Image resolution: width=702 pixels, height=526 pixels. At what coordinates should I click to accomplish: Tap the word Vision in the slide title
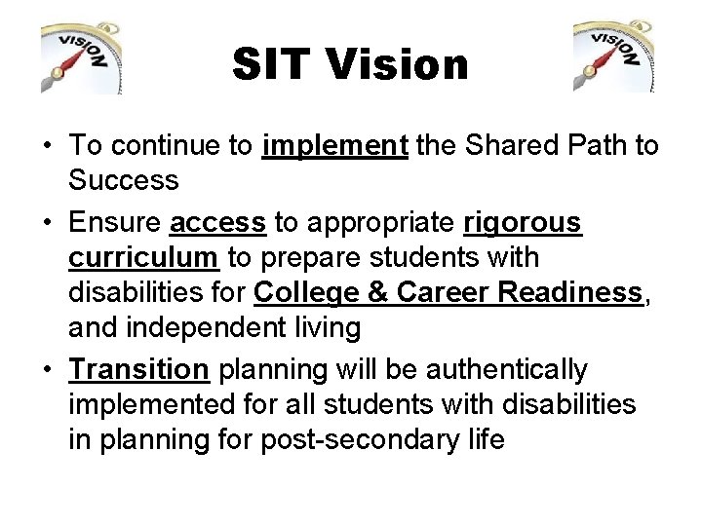tap(398, 65)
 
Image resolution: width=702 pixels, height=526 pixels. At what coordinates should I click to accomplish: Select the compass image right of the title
tap(614, 57)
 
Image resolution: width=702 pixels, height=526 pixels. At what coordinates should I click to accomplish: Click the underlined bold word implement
tap(334, 146)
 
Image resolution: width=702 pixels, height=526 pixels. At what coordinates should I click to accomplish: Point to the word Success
tap(124, 180)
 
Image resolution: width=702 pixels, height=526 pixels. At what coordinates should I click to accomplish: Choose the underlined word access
tap(217, 224)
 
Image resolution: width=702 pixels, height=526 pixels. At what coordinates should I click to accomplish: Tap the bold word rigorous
tap(523, 224)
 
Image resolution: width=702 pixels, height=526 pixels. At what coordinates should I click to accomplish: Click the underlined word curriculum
tap(144, 258)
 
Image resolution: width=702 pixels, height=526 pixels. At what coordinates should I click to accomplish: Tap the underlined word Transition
tap(139, 370)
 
